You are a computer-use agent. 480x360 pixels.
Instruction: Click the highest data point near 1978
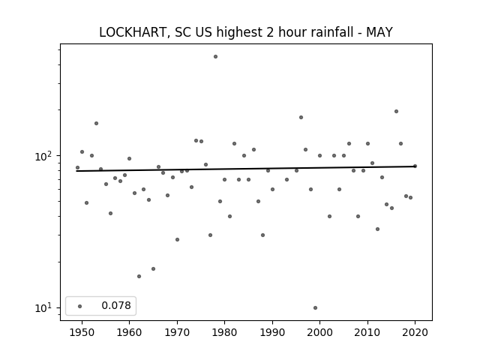click(215, 57)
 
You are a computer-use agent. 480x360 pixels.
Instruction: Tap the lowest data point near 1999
click(315, 307)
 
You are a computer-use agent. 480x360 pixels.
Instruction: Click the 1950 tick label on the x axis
click(82, 332)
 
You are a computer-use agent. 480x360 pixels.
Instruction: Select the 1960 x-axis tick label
click(129, 332)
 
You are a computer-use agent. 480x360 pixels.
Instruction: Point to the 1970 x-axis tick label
click(177, 332)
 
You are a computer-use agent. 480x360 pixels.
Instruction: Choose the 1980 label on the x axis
click(224, 332)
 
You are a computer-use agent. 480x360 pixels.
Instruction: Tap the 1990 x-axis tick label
click(272, 332)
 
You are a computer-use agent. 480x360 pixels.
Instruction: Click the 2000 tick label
click(320, 332)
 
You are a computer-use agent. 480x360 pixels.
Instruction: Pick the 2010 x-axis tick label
click(367, 332)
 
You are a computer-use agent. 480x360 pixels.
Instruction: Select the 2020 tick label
click(415, 332)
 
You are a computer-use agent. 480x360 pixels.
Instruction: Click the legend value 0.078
click(116, 305)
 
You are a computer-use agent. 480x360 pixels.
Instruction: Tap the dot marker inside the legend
click(80, 306)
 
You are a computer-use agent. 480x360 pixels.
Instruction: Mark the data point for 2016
click(396, 112)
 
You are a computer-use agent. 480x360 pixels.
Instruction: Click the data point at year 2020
click(415, 166)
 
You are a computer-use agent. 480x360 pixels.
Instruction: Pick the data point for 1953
click(96, 123)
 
